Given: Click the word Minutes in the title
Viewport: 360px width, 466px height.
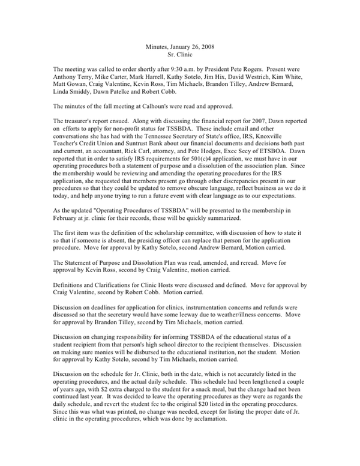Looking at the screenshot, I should tap(158, 46).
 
